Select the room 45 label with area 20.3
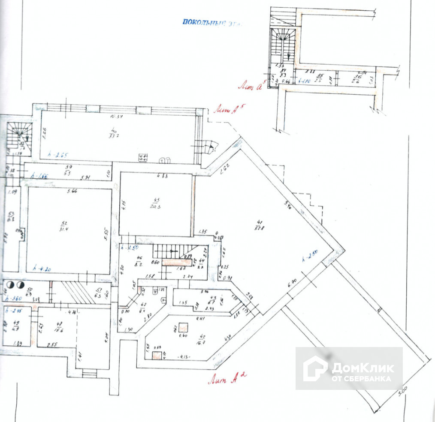(x=155, y=202)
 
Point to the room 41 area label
(x=259, y=225)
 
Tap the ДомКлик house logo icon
(x=315, y=368)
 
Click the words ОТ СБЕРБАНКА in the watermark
(x=361, y=379)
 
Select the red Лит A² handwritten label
(x=227, y=377)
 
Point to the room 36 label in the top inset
(x=356, y=79)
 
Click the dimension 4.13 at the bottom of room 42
(x=185, y=356)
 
